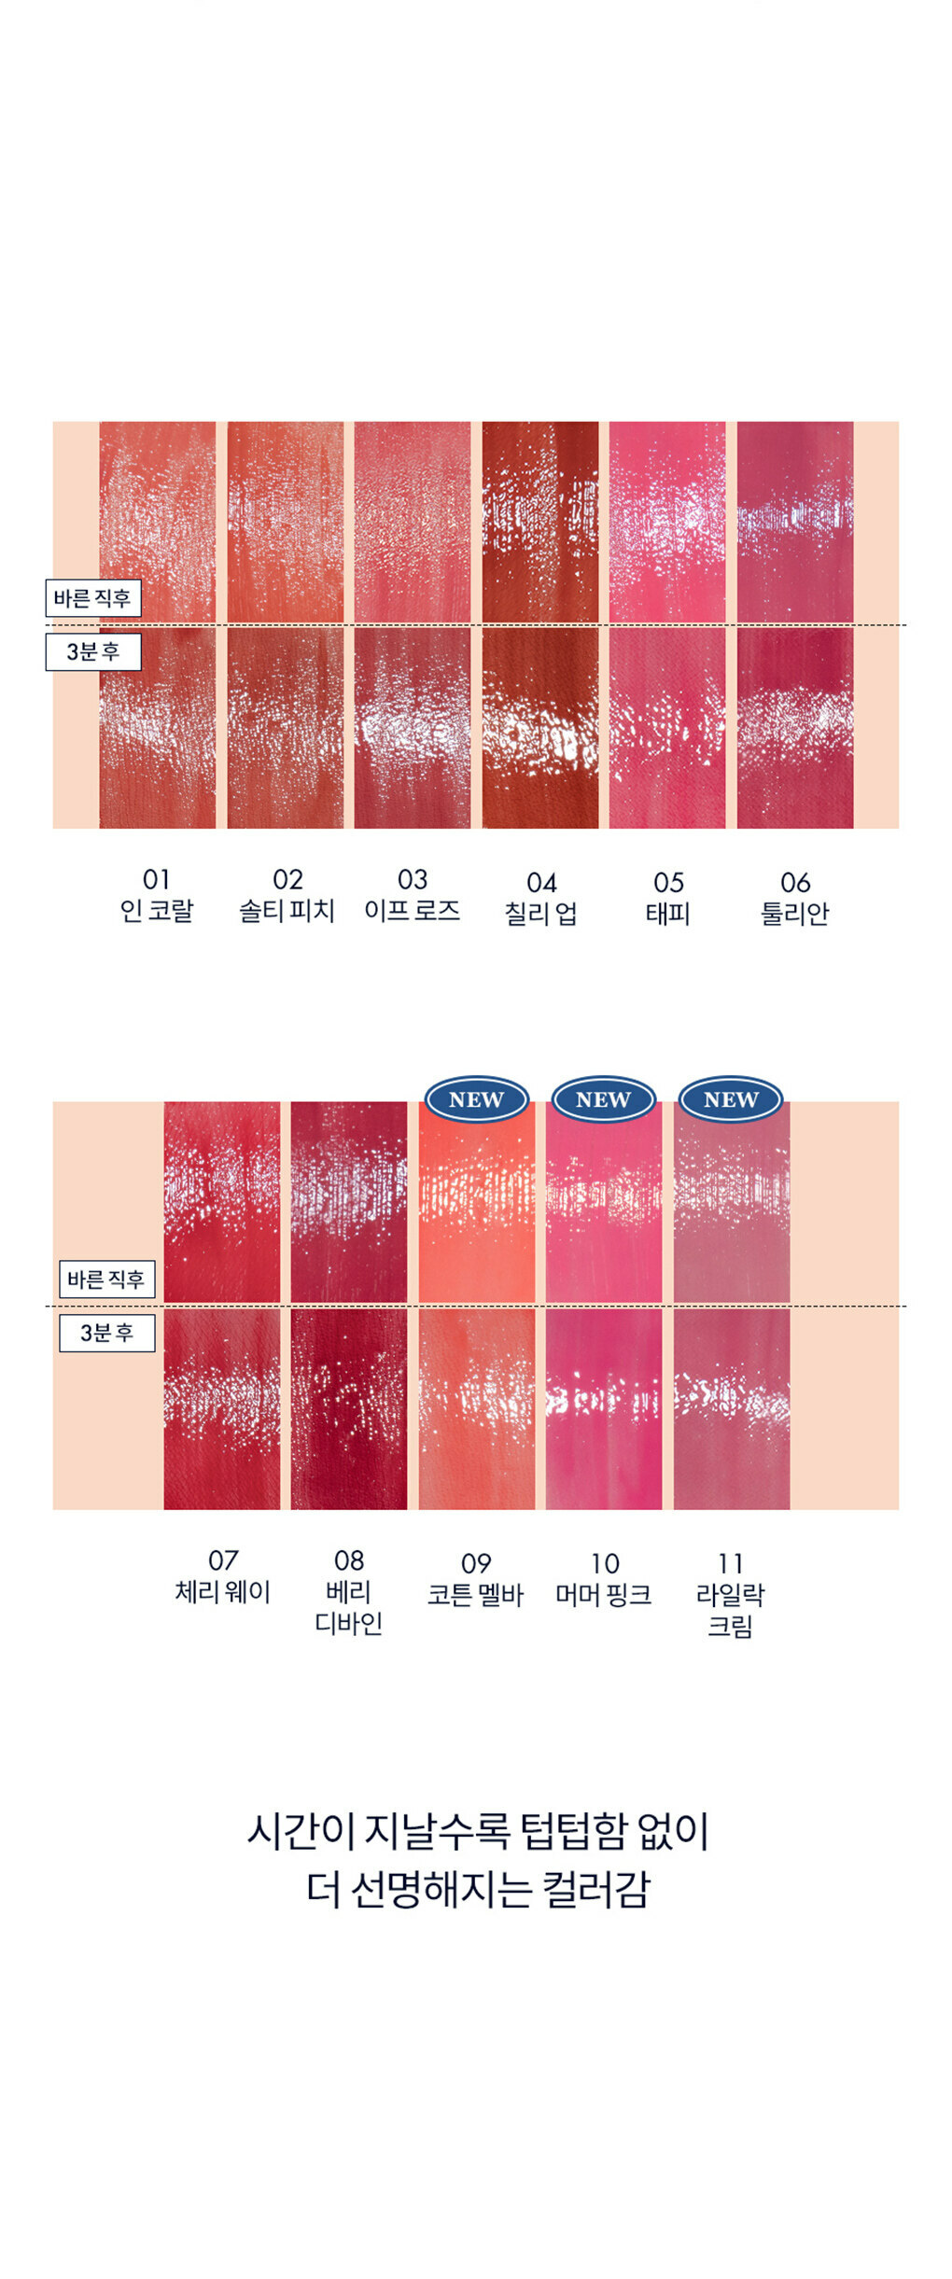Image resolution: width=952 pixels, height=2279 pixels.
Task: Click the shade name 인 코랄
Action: (157, 911)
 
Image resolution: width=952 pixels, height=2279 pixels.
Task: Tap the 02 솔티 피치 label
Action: (287, 895)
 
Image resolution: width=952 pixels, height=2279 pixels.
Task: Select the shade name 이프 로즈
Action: (412, 911)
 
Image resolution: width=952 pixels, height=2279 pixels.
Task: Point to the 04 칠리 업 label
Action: (540, 898)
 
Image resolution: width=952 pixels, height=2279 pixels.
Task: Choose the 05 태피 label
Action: (668, 898)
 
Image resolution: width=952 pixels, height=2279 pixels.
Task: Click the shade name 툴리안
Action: (794, 914)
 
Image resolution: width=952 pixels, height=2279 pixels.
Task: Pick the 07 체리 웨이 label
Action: (222, 1576)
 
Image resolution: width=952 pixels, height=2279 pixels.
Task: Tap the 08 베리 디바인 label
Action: (349, 1591)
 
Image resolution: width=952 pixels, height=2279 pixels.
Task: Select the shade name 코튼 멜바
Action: (476, 1595)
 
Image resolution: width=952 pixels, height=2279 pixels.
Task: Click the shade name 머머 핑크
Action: (603, 1595)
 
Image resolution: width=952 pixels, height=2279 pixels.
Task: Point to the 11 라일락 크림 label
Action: (730, 1594)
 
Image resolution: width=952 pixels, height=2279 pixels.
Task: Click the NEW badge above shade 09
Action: (476, 1099)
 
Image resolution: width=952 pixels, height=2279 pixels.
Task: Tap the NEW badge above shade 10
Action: (603, 1099)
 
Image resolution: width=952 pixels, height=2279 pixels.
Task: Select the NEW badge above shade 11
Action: (730, 1099)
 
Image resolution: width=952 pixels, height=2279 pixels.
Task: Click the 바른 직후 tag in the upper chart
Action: (93, 598)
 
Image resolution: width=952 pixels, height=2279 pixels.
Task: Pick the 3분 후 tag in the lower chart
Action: (106, 1333)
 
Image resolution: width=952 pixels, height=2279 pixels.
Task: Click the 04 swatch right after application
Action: (539, 521)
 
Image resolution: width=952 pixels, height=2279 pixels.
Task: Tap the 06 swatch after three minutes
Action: (794, 728)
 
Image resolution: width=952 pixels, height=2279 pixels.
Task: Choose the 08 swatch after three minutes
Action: (348, 1408)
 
